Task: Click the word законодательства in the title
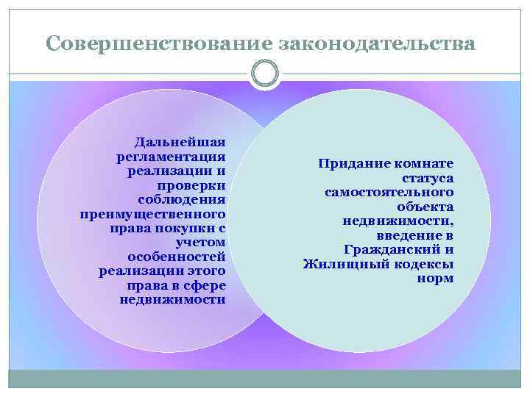[x=378, y=43]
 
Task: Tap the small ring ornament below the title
[x=265, y=73]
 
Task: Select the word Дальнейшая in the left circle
[x=180, y=143]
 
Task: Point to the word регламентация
[x=170, y=157]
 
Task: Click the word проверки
[x=195, y=185]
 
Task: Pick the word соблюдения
[x=181, y=199]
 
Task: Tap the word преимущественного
[x=152, y=214]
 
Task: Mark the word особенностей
[x=176, y=257]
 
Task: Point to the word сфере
[x=206, y=285]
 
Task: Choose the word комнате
[x=423, y=163]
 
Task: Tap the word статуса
[x=428, y=178]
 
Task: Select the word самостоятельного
[x=389, y=192]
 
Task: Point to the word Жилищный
[x=339, y=264]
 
